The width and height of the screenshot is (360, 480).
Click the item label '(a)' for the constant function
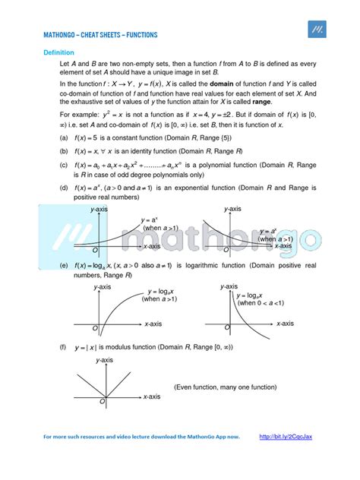point(64,138)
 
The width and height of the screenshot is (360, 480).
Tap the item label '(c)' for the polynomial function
point(64,164)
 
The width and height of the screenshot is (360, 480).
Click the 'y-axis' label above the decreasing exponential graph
point(232,208)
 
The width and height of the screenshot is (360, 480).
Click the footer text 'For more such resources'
point(84,459)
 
